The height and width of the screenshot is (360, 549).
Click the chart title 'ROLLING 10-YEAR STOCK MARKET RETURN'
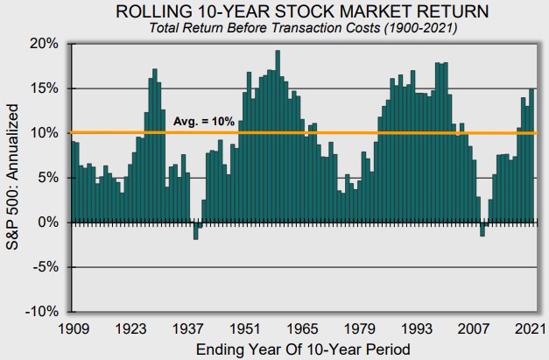[x=303, y=11]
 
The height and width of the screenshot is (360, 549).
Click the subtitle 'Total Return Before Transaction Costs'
[x=303, y=27]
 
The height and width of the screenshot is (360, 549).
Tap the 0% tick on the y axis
[x=49, y=222]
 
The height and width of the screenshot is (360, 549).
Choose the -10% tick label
[x=44, y=312]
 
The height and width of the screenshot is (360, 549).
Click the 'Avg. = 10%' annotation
[x=203, y=121]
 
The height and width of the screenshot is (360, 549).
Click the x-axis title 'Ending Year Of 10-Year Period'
[x=303, y=349]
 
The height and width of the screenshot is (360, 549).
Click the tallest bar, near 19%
[x=278, y=136]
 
